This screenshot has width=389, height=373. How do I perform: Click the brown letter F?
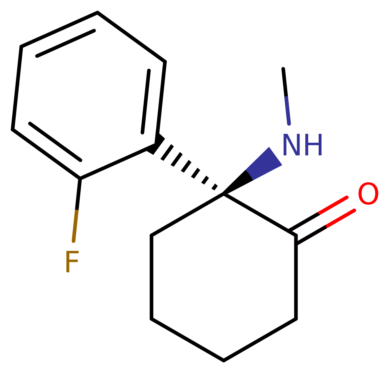(71, 261)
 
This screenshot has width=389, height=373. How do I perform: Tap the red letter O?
(368, 194)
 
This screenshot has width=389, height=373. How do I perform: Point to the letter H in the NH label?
(313, 145)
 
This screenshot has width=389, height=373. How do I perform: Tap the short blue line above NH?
(288, 110)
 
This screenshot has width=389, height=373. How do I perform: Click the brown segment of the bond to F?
(75, 226)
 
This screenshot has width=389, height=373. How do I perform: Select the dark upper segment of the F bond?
(78, 193)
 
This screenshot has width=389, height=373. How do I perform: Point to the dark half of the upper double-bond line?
(303, 222)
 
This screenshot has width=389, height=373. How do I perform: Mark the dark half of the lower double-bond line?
(311, 236)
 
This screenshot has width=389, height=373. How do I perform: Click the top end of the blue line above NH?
(286, 97)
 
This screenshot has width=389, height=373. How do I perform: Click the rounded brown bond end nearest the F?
(74, 241)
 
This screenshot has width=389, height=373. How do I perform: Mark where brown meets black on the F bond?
(77, 210)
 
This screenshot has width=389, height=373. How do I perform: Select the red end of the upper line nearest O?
(347, 197)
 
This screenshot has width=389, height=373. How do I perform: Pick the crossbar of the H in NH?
(313, 145)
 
